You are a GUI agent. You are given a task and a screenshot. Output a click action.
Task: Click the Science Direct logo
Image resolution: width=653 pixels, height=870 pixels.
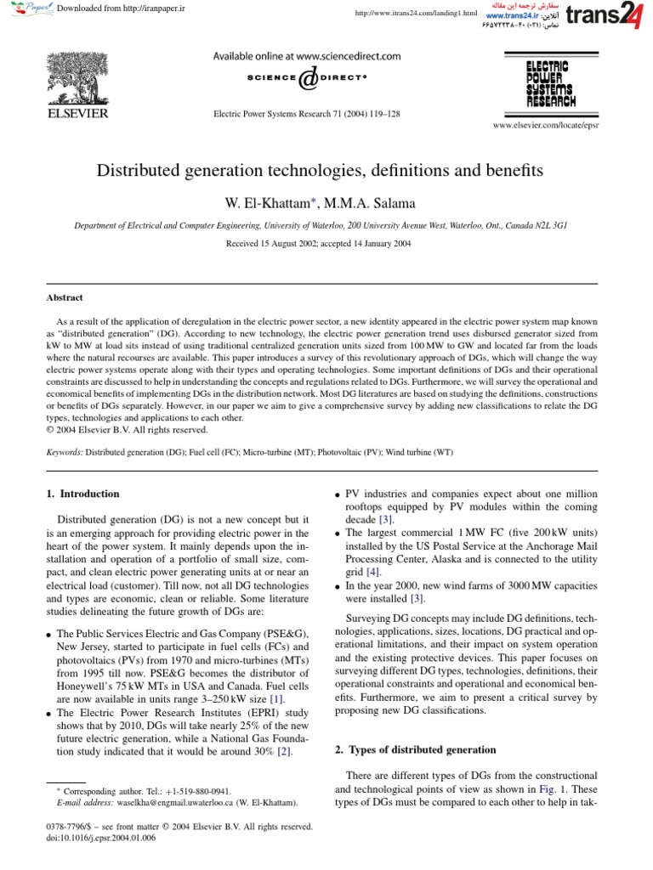(x=306, y=78)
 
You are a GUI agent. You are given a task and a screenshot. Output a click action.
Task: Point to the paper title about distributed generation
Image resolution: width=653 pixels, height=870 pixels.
(x=326, y=171)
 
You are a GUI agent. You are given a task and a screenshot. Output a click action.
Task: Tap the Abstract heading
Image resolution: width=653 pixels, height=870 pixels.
(x=65, y=297)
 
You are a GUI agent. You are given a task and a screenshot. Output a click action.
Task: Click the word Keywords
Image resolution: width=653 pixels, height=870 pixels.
(x=65, y=453)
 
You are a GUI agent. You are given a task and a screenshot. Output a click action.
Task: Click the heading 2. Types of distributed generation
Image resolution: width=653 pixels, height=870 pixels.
(x=415, y=749)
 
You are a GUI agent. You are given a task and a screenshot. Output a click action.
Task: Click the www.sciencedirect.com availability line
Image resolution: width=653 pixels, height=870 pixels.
(x=306, y=57)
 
